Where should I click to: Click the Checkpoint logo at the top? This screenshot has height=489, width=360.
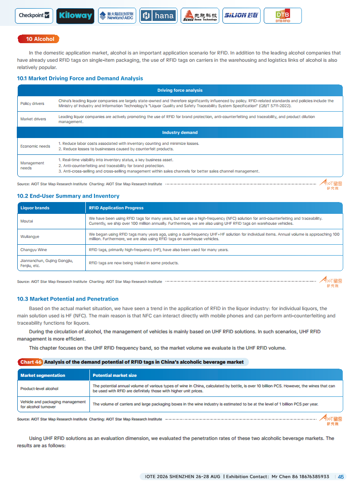pos(34,16)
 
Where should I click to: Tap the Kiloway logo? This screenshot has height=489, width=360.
pos(75,16)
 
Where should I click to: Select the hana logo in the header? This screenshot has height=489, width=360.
pos(158,16)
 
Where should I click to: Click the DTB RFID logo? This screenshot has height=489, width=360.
pos(282,16)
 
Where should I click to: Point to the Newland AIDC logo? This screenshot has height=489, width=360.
pos(117,16)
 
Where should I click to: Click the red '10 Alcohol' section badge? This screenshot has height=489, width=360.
pos(40,39)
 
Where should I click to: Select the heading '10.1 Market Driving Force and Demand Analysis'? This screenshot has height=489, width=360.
pos(80,79)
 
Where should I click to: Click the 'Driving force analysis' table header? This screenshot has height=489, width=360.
pos(180,90)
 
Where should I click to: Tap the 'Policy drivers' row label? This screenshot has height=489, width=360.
pos(32,104)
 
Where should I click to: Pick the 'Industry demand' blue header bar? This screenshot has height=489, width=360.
pos(180,133)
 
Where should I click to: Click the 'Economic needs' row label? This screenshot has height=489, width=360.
pos(35,146)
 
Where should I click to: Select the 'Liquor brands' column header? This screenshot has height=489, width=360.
pos(35,208)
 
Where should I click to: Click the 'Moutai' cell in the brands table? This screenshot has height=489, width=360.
pos(27,221)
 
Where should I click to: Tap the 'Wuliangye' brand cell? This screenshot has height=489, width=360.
pos(30,237)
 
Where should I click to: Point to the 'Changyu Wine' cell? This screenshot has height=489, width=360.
pos(34,250)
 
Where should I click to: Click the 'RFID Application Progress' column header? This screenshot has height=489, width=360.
pos(116,208)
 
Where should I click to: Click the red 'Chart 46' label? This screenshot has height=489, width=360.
pos(30,362)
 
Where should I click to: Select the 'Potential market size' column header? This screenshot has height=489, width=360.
pos(114,375)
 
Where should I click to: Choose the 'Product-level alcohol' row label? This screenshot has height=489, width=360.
pos(39,389)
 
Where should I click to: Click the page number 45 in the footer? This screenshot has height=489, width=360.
pos(341,477)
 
